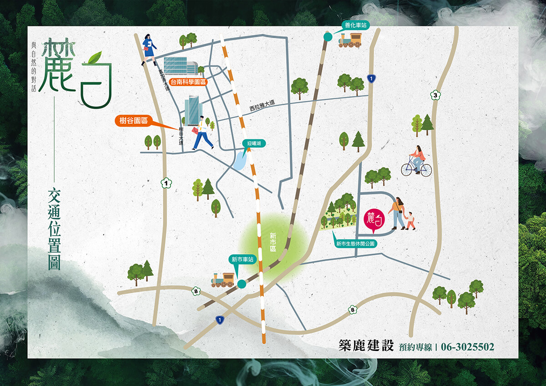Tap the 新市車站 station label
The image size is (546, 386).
[x=241, y=259]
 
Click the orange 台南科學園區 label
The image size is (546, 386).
[x=188, y=82]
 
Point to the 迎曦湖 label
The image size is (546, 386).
[x=254, y=143]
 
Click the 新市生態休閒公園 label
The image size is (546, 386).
[x=355, y=244]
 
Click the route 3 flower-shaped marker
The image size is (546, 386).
[x=435, y=95]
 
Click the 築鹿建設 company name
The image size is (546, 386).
[x=365, y=345]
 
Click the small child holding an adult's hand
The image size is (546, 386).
[x=410, y=220]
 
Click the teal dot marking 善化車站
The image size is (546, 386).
[x=327, y=36]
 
